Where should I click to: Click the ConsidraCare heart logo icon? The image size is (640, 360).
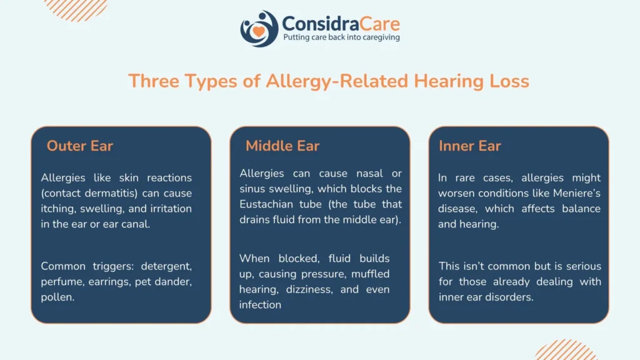click(x=259, y=29)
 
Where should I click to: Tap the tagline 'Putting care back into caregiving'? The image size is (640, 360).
click(x=342, y=37)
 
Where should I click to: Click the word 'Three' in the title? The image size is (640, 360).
click(x=154, y=81)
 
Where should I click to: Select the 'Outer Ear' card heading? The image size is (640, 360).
click(x=79, y=146)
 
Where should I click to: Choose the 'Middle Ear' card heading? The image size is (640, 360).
click(x=282, y=146)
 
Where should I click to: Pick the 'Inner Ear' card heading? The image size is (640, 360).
click(x=470, y=146)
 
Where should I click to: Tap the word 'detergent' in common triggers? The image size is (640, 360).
click(x=166, y=266)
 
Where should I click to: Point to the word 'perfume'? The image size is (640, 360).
click(x=62, y=282)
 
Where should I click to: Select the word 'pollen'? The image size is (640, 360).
click(x=57, y=297)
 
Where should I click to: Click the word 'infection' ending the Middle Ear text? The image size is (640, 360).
click(x=260, y=305)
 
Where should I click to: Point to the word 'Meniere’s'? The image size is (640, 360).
click(x=577, y=193)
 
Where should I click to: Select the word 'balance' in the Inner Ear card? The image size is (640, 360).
click(x=581, y=209)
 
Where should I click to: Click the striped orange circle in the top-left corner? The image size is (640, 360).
click(x=76, y=10)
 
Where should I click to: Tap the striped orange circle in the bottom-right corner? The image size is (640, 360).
click(x=566, y=350)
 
